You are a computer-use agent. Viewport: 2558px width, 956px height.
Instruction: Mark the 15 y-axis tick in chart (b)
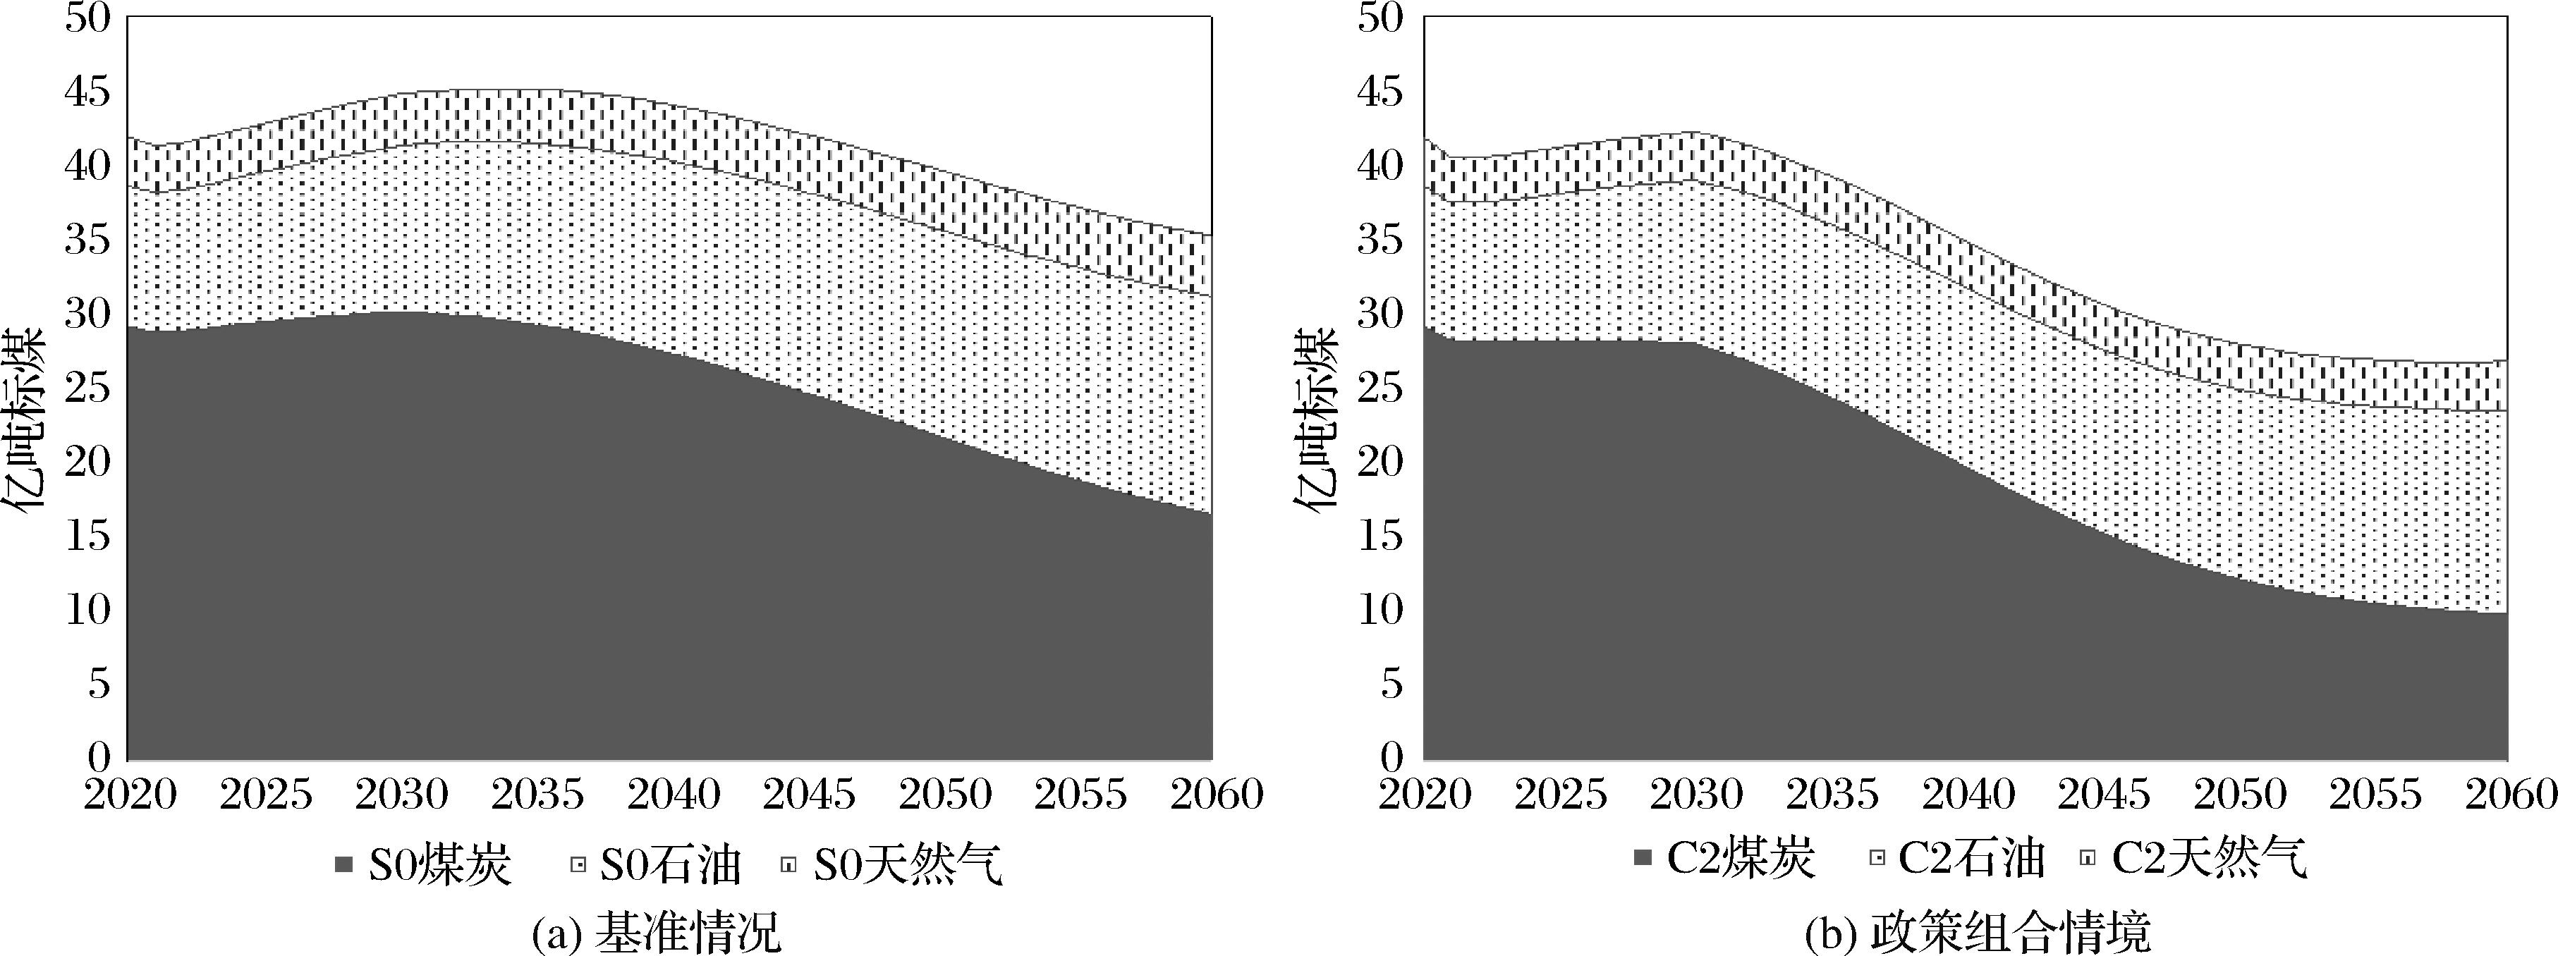[1380, 536]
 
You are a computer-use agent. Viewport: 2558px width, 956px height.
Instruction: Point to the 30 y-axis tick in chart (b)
[1380, 314]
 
